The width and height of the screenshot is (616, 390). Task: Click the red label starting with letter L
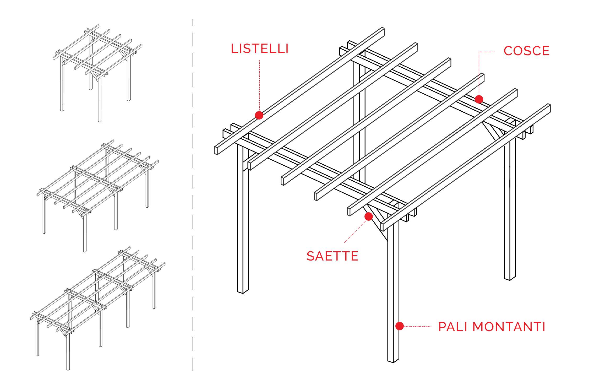259,48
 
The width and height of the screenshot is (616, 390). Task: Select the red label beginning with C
526,51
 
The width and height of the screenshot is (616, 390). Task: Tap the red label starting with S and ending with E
332,256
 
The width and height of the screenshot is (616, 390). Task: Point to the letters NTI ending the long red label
536,327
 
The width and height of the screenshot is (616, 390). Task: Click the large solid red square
356,231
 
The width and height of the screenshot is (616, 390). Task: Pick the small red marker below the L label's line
259,115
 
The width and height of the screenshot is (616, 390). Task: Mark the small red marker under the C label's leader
479,99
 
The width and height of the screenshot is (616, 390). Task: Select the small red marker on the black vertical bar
399,326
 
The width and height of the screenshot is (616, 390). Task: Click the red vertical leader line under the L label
259,84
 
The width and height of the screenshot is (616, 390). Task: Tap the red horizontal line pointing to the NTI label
418,326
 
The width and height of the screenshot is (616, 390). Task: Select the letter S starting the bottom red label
309,256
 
